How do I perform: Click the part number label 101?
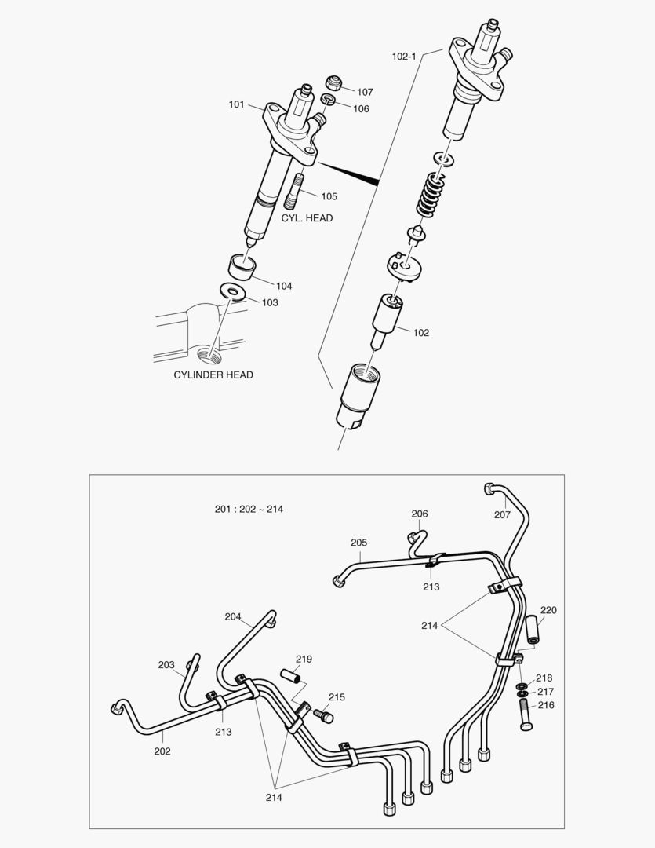(x=236, y=104)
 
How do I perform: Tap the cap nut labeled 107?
(x=334, y=82)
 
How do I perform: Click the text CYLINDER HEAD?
(x=213, y=375)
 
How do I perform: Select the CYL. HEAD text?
(x=307, y=217)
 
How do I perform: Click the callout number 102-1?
(x=404, y=57)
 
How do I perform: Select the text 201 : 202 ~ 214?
(x=249, y=509)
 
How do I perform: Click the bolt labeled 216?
(x=526, y=715)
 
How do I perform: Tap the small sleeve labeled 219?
(x=293, y=675)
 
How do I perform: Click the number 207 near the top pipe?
(x=502, y=515)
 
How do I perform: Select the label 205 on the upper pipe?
(x=358, y=543)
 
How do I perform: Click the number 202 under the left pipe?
(x=162, y=751)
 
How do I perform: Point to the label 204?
(x=233, y=616)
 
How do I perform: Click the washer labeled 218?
(x=522, y=685)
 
